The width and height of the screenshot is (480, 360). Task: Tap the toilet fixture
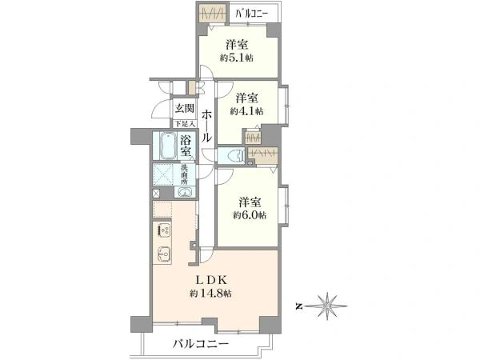(235, 156)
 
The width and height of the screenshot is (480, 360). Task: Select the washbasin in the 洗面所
(185, 192)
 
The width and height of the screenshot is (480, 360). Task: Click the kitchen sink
(165, 254)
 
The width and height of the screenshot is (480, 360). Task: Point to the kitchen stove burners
(165, 230)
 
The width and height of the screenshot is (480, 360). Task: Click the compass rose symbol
(327, 306)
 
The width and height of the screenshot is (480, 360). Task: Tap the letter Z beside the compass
(298, 306)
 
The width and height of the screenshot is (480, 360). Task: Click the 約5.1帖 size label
(237, 58)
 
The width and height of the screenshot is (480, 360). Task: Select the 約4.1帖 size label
(246, 111)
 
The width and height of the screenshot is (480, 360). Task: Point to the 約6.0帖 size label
(250, 215)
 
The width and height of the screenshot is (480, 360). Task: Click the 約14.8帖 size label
(210, 294)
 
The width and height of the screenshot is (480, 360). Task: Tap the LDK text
(211, 279)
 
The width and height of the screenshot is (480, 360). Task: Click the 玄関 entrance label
(185, 108)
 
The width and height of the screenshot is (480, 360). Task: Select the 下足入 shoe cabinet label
(185, 124)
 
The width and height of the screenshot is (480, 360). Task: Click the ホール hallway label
(206, 126)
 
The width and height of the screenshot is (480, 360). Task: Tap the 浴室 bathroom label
(186, 146)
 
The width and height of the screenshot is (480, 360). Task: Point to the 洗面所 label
(184, 174)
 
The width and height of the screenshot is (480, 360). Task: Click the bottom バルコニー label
(201, 344)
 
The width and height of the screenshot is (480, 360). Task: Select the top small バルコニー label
(252, 14)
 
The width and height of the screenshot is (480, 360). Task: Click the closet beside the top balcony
(212, 14)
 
